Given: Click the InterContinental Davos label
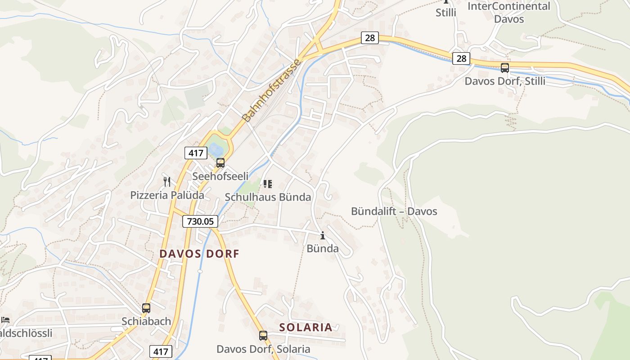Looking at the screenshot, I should click(509, 13).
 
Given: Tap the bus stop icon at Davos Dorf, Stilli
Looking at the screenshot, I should click(505, 68).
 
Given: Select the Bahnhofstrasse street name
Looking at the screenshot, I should click(271, 90).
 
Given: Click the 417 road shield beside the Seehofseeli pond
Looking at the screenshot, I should click(196, 153).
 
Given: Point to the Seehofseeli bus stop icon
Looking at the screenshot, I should click(220, 163).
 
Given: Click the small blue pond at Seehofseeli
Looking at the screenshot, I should click(216, 148).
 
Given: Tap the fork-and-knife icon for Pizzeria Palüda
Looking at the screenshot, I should click(167, 182).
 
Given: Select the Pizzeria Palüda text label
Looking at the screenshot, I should click(167, 195).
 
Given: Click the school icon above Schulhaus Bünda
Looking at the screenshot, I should click(268, 184).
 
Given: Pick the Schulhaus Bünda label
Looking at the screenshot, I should click(268, 197).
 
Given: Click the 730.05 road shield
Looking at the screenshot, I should click(200, 221).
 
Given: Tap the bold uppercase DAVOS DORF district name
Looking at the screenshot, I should click(199, 253).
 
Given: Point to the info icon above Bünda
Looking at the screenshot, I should click(322, 235).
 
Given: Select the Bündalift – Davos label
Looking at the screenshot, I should click(394, 211).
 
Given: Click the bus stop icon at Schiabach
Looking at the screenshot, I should click(146, 308).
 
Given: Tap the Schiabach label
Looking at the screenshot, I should click(146, 321).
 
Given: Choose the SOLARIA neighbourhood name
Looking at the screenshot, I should click(306, 327).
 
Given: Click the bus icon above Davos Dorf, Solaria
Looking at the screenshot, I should click(263, 336).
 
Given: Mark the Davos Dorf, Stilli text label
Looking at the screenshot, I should click(505, 81).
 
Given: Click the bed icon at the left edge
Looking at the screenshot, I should click(5, 320).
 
